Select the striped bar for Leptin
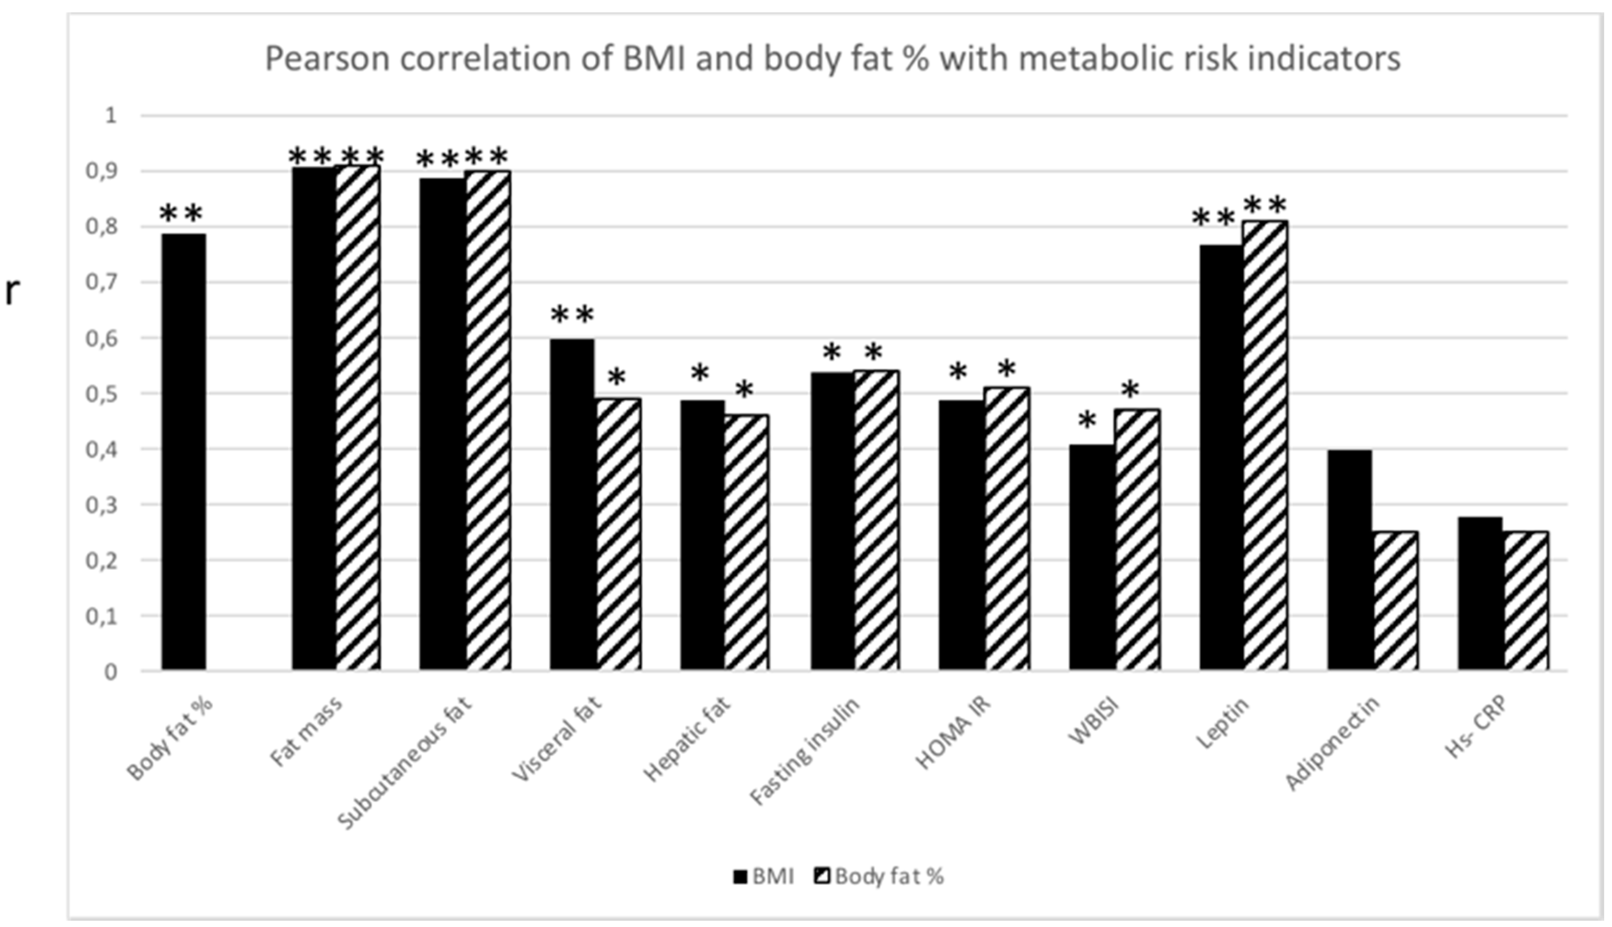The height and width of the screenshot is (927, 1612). pyautogui.click(x=1264, y=446)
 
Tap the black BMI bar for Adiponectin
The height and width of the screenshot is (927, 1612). pyautogui.click(x=1350, y=560)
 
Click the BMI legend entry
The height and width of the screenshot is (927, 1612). pyautogui.click(x=764, y=877)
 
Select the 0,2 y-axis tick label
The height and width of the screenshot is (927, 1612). pyautogui.click(x=102, y=561)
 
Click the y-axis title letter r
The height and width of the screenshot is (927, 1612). pyautogui.click(x=12, y=292)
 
